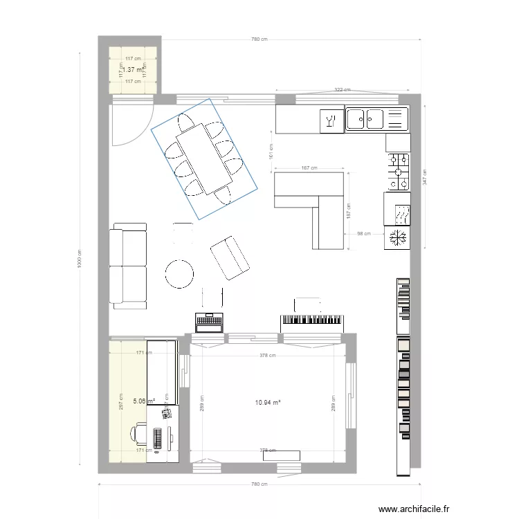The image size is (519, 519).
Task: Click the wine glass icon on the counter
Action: pyautogui.click(x=331, y=122)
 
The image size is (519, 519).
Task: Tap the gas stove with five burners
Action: pyautogui.click(x=399, y=171)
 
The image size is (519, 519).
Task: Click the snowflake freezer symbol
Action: pyautogui.click(x=398, y=238)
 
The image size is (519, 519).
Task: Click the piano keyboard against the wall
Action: pyautogui.click(x=311, y=320)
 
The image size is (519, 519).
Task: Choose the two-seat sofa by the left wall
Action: pyautogui.click(x=129, y=265)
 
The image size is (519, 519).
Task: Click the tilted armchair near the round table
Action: pyautogui.click(x=230, y=257)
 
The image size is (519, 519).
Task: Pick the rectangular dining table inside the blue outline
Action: pyautogui.click(x=204, y=158)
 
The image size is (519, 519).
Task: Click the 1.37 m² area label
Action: pyautogui.click(x=132, y=70)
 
